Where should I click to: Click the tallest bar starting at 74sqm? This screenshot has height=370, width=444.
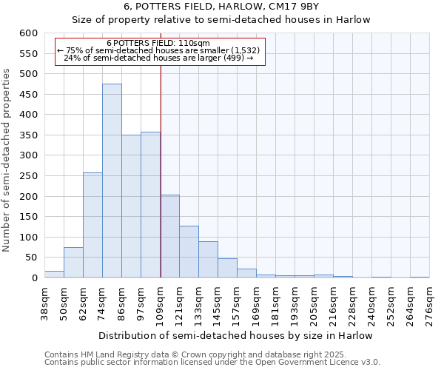(112, 181)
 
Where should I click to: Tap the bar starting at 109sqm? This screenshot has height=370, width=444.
(169, 236)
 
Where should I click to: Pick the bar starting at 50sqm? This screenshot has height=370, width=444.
(73, 262)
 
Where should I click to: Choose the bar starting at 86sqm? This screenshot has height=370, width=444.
(131, 206)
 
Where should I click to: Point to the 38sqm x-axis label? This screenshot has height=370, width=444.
(45, 303)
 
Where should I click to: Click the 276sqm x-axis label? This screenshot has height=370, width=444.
(430, 303)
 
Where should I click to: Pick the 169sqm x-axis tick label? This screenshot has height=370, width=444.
(257, 303)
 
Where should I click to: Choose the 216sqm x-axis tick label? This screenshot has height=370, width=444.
(334, 303)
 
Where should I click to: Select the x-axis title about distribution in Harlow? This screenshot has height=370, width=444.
(235, 335)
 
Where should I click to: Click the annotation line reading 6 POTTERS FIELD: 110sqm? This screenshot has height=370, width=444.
(158, 43)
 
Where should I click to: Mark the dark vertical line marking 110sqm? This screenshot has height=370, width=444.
(161, 170)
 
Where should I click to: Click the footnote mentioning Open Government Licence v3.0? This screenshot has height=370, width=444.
(212, 363)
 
